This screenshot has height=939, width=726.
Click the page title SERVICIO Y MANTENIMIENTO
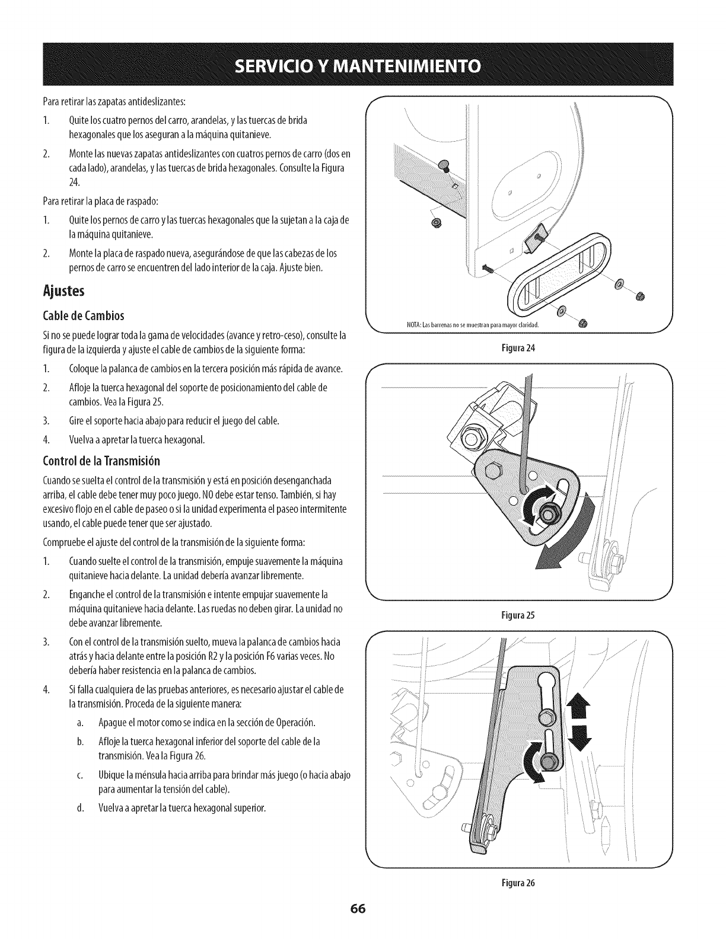pyautogui.click(x=362, y=64)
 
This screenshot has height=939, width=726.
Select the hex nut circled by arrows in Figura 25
pyautogui.click(x=545, y=514)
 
